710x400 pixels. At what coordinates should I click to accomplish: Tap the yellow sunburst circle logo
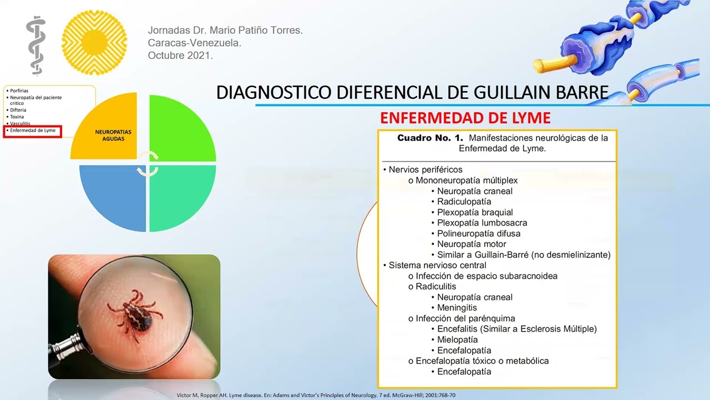coord(94,43)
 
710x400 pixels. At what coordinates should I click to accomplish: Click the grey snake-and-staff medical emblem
coord(36,46)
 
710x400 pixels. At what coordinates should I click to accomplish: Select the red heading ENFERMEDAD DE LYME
coord(465,118)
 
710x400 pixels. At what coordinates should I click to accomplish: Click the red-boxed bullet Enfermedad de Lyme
coord(33,131)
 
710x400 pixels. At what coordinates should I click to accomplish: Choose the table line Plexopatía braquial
coord(475,212)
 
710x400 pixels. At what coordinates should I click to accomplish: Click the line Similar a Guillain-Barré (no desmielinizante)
coord(523,255)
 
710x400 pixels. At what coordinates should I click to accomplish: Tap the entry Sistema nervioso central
coord(437,266)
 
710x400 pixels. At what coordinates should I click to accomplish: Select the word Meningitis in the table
coord(457,308)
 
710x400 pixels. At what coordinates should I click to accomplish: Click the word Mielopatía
coord(457,339)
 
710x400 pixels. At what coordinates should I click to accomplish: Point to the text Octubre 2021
coord(180,56)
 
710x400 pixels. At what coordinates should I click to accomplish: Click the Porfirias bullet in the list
coord(19,91)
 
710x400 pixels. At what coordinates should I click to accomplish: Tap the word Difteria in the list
coord(18,110)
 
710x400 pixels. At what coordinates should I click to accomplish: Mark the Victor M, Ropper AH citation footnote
coord(316,395)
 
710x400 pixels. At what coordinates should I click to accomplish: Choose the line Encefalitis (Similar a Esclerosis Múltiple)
coord(516,329)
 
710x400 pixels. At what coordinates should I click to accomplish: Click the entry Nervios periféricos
coord(425,170)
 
